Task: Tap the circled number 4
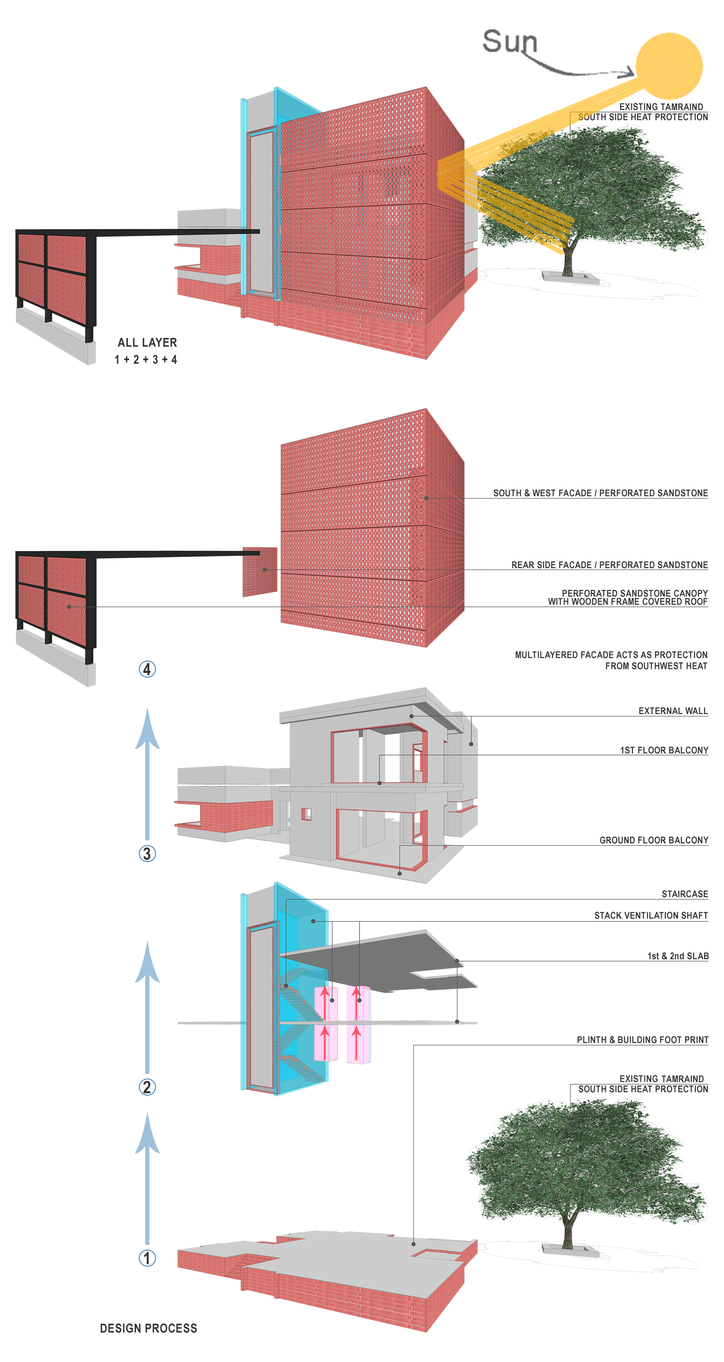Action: [147, 669]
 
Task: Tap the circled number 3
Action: [147, 853]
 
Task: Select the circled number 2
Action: [147, 1087]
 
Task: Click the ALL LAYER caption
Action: [147, 343]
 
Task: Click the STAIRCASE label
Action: [685, 893]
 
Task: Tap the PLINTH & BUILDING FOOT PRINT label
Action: [642, 1039]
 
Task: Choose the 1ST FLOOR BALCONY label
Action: [664, 750]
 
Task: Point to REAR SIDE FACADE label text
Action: [609, 565]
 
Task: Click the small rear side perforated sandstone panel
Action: [260, 571]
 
